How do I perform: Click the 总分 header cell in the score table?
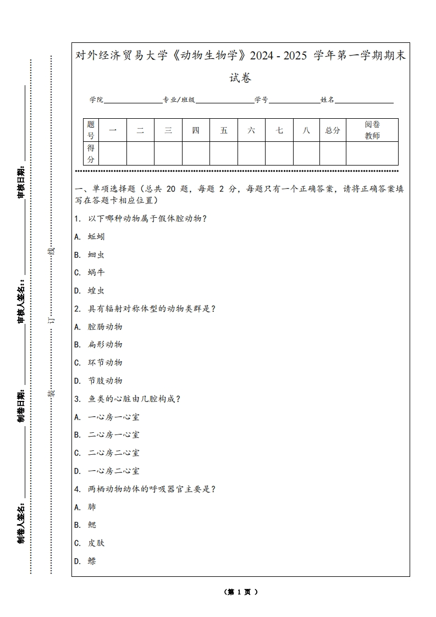[x=333, y=130]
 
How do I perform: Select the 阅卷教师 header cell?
[x=372, y=130]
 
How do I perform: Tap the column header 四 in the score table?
[x=196, y=130]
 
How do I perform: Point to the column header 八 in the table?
[x=306, y=130]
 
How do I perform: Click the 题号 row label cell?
[x=91, y=130]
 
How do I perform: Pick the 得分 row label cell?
[x=91, y=153]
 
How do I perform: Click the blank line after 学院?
[x=133, y=101]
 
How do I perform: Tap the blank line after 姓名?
[x=364, y=101]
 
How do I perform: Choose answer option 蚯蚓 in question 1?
[x=96, y=236]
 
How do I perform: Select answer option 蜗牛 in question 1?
[x=96, y=272]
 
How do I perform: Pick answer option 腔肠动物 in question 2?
[x=105, y=327]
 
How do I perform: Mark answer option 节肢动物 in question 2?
[x=105, y=381]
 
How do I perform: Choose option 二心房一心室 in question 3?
[x=114, y=434]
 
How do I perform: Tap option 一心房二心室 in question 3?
[x=114, y=471]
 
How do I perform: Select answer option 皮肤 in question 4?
[x=96, y=543]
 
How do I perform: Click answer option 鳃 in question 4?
[x=92, y=525]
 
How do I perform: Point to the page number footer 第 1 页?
[x=241, y=592]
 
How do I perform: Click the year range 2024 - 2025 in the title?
[x=279, y=56]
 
